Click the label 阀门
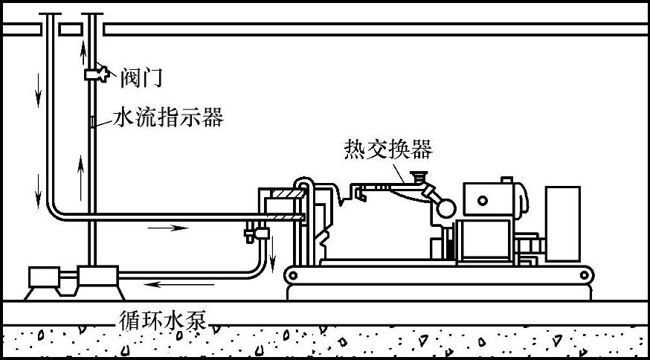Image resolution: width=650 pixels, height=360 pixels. [141, 76]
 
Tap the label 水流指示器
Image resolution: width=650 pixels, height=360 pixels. [168, 118]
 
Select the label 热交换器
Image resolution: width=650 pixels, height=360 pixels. [388, 150]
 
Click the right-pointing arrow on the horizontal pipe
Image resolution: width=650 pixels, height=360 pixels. [167, 227]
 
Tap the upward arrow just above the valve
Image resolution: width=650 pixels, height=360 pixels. [84, 51]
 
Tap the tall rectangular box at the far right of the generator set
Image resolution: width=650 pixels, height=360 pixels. [562, 224]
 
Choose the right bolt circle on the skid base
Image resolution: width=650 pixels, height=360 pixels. [588, 277]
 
